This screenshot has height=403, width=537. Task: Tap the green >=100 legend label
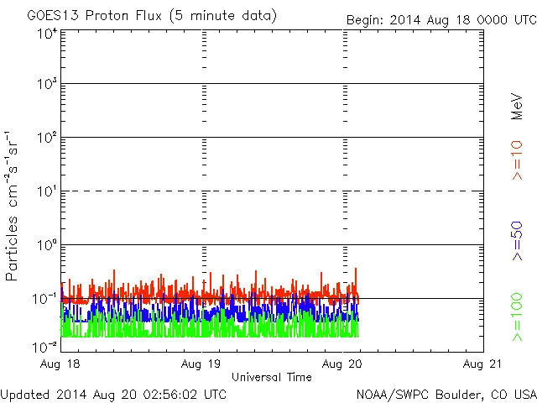[517, 317]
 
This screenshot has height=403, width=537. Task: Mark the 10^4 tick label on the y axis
[47, 34]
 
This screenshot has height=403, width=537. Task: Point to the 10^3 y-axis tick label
[47, 84]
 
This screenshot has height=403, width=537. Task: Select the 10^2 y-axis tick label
[47, 138]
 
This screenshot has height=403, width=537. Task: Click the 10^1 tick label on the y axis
[47, 191]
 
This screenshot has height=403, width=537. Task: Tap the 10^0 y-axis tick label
[47, 245]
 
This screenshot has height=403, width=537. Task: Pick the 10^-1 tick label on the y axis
[45, 299]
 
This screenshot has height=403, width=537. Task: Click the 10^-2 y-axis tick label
[45, 346]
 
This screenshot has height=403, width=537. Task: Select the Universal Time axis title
[271, 377]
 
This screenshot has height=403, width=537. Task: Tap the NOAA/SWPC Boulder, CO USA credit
[446, 393]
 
